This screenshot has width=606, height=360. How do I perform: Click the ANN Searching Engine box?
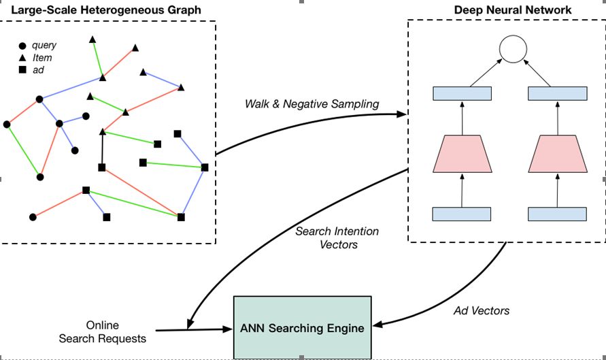click(x=302, y=327)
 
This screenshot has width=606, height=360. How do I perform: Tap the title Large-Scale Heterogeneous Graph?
click(x=106, y=10)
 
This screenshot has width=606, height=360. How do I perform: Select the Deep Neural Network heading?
click(x=512, y=10)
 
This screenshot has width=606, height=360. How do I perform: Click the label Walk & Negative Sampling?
click(x=312, y=103)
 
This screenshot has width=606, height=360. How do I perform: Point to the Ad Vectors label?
click(x=481, y=310)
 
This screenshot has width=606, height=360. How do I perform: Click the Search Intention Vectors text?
click(x=337, y=238)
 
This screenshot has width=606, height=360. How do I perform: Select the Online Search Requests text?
click(x=103, y=332)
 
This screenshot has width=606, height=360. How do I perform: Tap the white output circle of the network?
click(x=513, y=49)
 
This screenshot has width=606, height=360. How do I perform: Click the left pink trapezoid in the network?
click(x=462, y=154)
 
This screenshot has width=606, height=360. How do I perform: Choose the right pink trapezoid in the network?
click(x=558, y=154)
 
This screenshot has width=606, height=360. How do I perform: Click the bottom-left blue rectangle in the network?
click(x=461, y=214)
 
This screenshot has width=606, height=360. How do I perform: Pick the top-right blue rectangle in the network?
click(x=557, y=94)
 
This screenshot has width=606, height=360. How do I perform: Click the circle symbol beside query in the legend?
click(x=22, y=46)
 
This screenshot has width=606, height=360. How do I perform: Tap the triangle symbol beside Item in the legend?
click(x=22, y=58)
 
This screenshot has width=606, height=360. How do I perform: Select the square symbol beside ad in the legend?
click(x=22, y=69)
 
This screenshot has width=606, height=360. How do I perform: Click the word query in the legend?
click(x=44, y=45)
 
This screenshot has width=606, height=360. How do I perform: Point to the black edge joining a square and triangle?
click(x=102, y=150)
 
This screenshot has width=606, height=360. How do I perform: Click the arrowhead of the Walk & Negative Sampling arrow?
click(x=402, y=114)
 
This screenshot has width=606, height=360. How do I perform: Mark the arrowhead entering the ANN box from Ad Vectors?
click(x=377, y=324)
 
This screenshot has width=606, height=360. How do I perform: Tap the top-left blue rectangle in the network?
click(x=462, y=94)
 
